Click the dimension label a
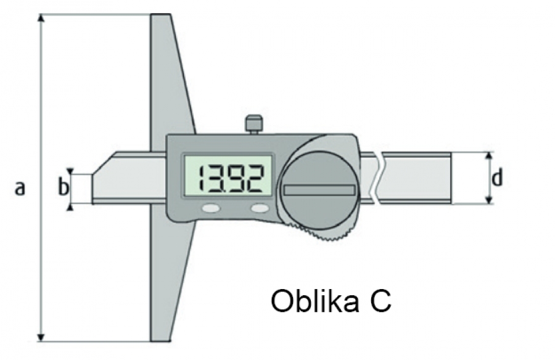pyautogui.click(x=20, y=188)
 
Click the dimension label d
pyautogui.click(x=497, y=178)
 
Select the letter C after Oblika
pyautogui.click(x=381, y=301)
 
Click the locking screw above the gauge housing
pyautogui.click(x=254, y=125)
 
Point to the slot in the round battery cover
pyautogui.click(x=319, y=190)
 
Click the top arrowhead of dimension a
pyautogui.click(x=41, y=18)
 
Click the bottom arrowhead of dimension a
pyautogui.click(x=41, y=337)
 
